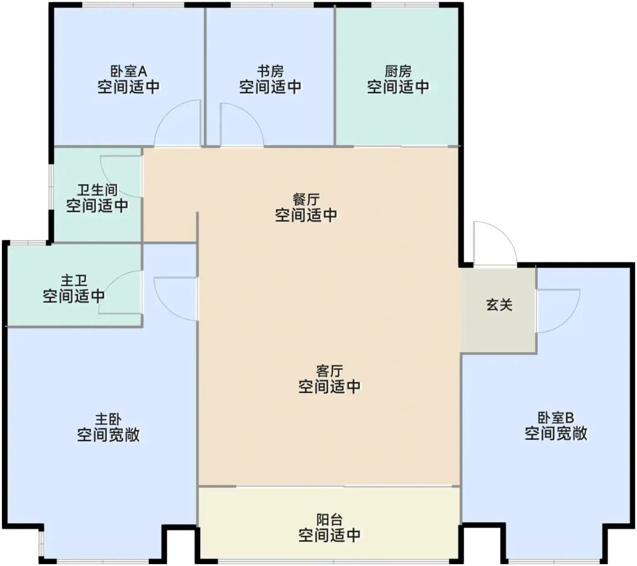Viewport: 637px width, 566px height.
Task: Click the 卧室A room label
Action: tap(129, 72)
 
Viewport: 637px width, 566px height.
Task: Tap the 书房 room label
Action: tap(270, 72)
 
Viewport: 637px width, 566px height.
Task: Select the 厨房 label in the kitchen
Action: tap(398, 72)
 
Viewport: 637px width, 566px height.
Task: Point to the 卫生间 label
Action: tap(97, 190)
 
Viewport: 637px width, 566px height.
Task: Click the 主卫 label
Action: tap(74, 280)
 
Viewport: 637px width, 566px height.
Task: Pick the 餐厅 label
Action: tap(306, 200)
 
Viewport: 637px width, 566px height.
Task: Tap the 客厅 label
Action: tap(329, 371)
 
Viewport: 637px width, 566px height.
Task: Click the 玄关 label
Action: tap(499, 305)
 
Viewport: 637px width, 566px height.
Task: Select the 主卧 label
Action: tap(108, 419)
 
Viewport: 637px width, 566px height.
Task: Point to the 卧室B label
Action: tap(556, 418)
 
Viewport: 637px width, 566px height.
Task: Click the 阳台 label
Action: tap(329, 520)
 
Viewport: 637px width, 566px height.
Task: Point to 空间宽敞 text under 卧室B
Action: tap(556, 433)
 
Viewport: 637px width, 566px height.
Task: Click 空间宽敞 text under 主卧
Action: tap(108, 435)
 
